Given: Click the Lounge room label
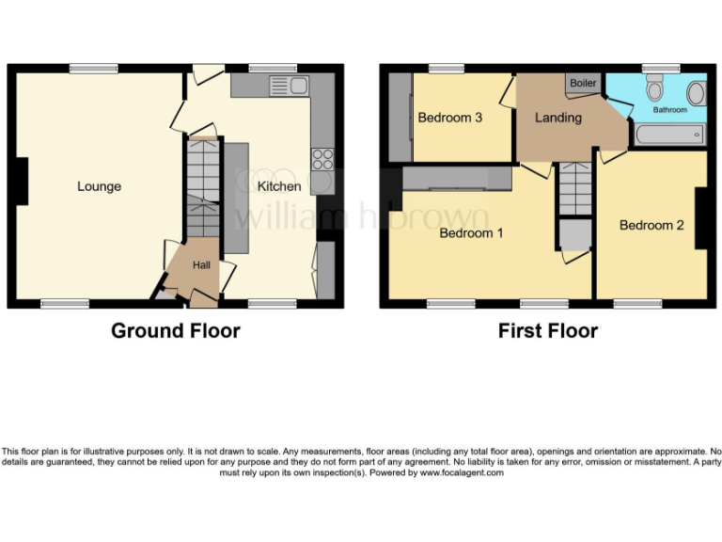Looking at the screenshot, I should click(99, 186).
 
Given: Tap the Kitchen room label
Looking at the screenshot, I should click(279, 186).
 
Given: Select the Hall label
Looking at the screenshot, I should click(201, 266).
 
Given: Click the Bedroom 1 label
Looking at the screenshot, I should click(471, 232).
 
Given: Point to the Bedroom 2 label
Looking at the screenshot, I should click(651, 225).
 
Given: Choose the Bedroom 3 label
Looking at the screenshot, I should click(450, 118).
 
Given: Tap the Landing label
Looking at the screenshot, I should click(557, 118).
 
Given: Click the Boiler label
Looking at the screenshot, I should click(583, 84).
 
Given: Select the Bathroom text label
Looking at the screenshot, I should click(670, 110).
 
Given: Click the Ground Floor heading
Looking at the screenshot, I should click(175, 330).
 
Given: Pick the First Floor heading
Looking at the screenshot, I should click(548, 330).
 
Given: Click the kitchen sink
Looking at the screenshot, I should click(290, 86).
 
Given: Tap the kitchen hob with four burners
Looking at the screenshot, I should click(322, 158).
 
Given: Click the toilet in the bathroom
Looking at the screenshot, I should click(655, 89).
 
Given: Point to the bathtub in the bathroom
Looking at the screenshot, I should click(669, 135).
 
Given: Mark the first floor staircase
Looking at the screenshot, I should click(573, 188).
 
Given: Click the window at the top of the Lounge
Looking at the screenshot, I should click(93, 68).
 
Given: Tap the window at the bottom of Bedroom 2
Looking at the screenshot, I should click(638, 304).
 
